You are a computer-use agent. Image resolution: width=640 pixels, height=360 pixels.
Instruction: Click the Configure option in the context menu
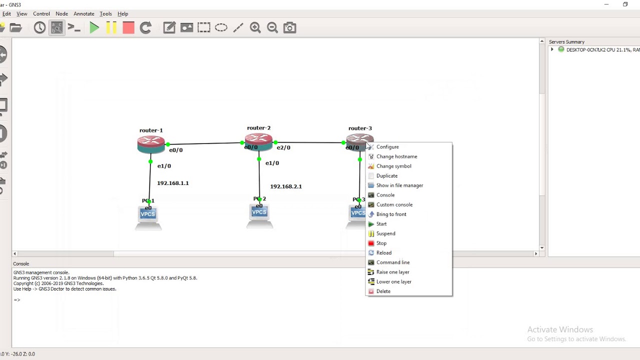(387, 147)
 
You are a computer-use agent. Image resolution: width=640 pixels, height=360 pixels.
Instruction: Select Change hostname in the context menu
(396, 156)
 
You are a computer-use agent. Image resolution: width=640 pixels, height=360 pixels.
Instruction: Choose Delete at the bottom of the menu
(383, 291)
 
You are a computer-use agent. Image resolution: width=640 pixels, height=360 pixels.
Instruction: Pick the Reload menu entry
(383, 253)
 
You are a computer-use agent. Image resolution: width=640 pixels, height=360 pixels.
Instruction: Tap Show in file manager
(399, 185)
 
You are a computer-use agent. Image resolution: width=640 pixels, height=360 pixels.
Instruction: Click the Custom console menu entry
(394, 205)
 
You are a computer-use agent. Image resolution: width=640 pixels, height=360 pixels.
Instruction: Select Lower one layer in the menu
(393, 282)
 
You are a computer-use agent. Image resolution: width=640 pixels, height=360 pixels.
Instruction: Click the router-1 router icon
(151, 144)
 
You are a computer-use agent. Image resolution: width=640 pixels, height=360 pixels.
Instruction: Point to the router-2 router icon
(258, 141)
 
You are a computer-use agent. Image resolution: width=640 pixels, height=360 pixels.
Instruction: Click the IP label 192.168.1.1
(173, 183)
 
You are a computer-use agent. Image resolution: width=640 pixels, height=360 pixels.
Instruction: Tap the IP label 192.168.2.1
(286, 186)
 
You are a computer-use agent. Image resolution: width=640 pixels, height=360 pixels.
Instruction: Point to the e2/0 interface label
(283, 148)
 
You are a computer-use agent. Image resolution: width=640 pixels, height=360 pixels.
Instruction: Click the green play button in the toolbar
(94, 28)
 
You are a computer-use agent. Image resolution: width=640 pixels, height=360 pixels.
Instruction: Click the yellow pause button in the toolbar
(111, 28)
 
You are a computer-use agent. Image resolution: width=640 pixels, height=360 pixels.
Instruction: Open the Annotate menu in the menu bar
(84, 14)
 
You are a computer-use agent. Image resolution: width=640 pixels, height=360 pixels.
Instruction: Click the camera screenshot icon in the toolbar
(289, 28)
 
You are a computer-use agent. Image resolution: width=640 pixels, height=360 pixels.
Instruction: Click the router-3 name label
(360, 128)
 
